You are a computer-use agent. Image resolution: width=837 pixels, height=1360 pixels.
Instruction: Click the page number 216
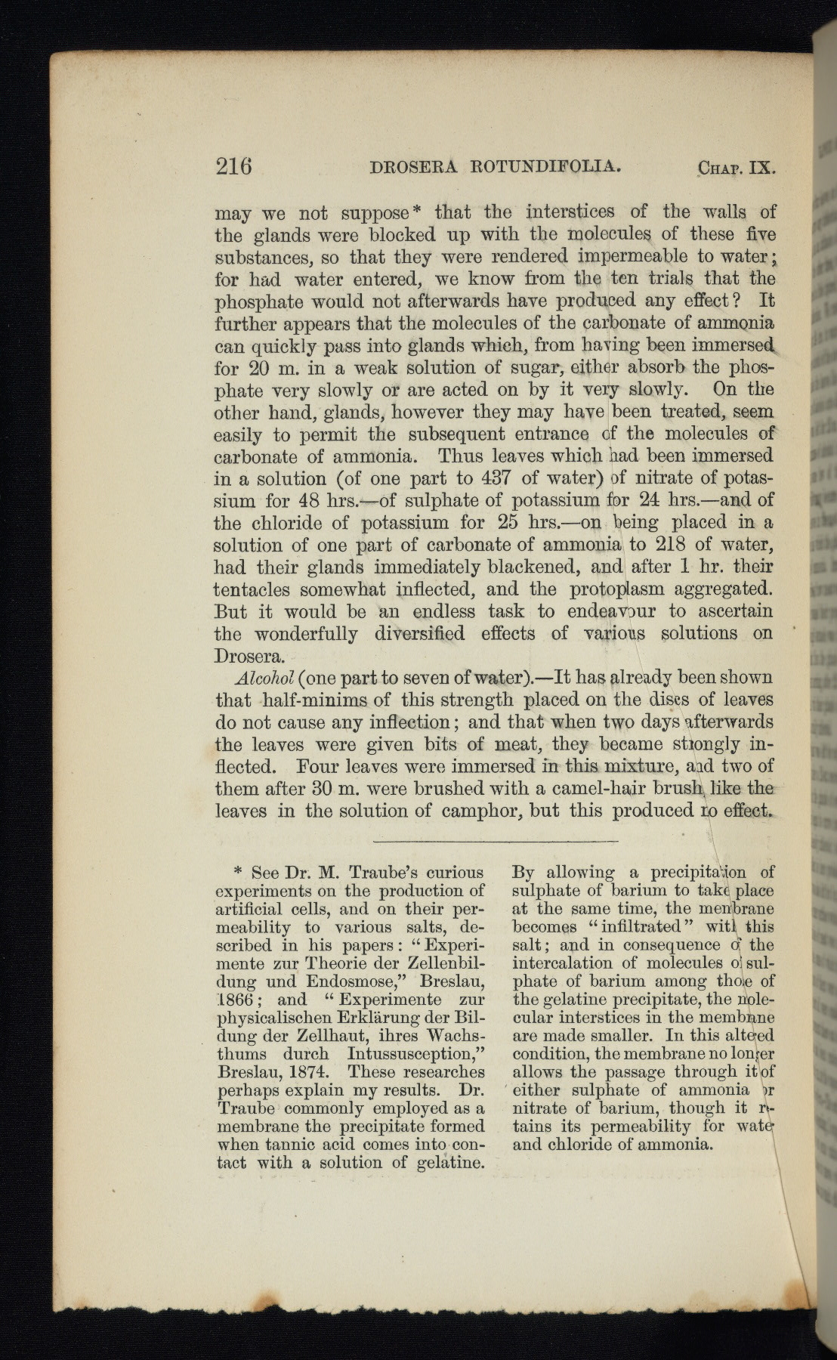pos(233,165)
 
